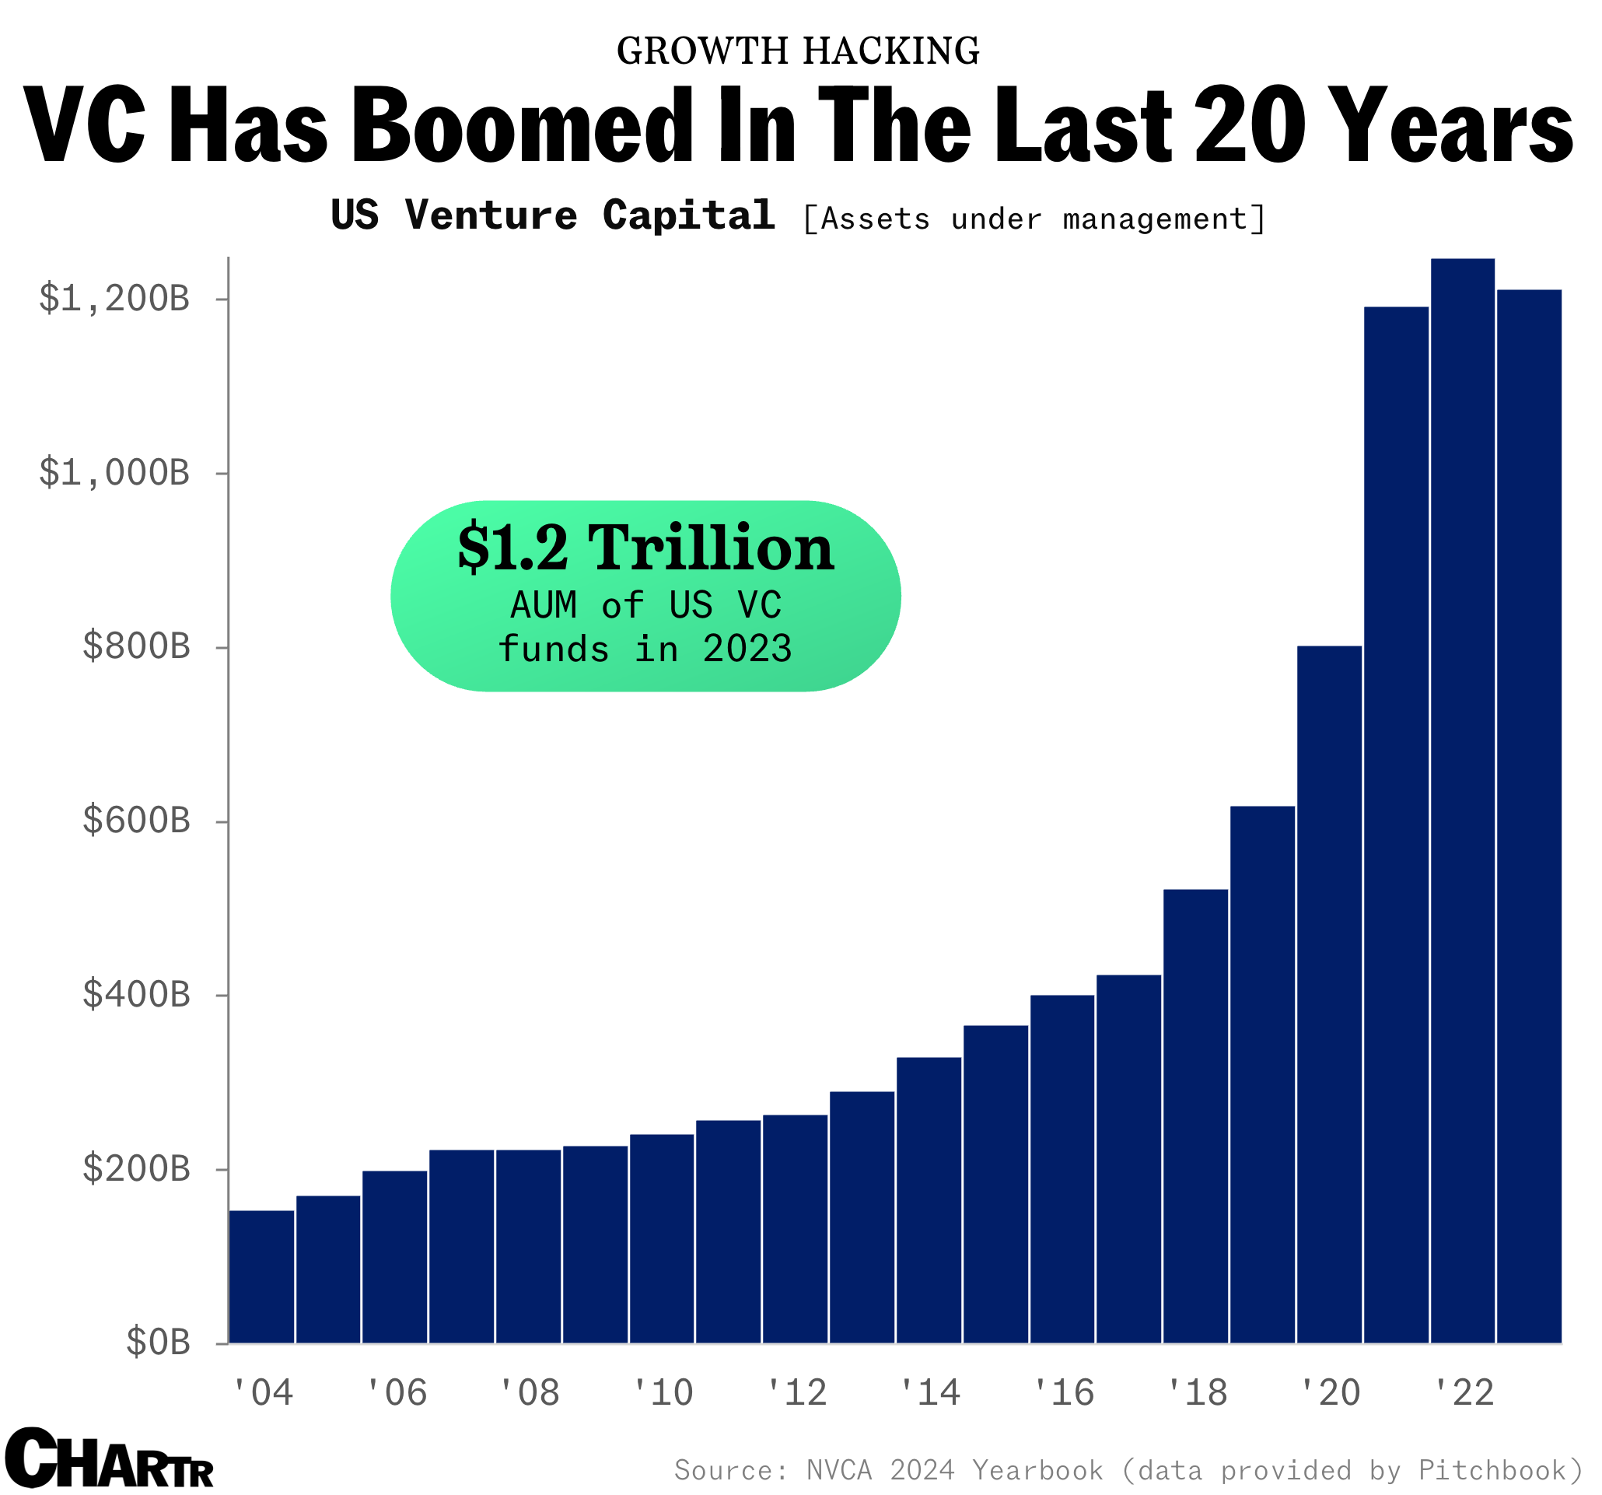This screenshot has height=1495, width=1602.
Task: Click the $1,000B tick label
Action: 114,473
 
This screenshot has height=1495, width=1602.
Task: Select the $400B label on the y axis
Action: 136,996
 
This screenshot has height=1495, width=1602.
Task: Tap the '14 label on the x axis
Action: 930,1392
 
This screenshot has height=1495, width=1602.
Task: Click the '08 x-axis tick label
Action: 530,1392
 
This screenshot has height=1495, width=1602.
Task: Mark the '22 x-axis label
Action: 1464,1392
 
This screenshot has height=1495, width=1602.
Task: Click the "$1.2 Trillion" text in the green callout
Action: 645,548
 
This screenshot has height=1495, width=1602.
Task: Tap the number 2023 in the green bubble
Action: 747,649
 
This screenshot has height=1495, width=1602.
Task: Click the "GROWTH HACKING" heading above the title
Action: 798,51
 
